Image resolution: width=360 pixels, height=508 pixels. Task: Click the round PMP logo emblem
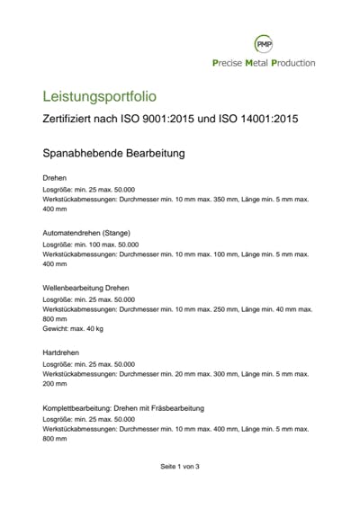(x=264, y=42)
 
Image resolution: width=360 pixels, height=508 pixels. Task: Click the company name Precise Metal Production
(x=263, y=63)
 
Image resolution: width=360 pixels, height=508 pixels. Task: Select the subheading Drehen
(x=55, y=178)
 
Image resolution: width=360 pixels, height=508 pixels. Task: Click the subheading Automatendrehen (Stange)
(x=86, y=232)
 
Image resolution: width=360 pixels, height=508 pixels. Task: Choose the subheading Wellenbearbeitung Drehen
(x=86, y=287)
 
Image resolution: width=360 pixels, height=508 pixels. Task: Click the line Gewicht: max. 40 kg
(x=73, y=329)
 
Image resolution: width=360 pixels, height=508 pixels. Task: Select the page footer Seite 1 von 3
(x=180, y=467)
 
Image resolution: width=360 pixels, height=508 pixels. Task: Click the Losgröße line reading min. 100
(x=90, y=244)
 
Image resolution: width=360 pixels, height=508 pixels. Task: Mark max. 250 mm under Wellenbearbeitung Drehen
(x=215, y=308)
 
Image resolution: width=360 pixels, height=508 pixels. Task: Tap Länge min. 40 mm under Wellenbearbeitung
(x=268, y=308)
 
